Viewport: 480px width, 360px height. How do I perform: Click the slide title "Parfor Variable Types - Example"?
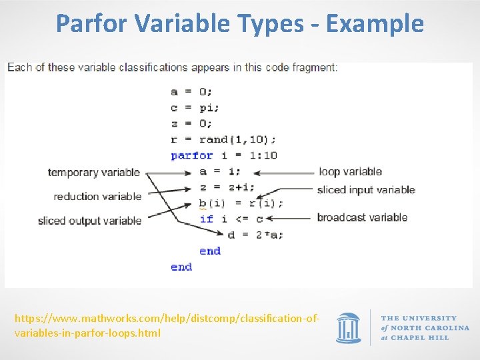pyautogui.click(x=240, y=23)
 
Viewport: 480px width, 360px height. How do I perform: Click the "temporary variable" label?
pyautogui.click(x=93, y=172)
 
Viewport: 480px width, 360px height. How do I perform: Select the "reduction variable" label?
pyautogui.click(x=97, y=196)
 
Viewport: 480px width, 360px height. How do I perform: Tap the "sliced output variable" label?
pyautogui.click(x=89, y=220)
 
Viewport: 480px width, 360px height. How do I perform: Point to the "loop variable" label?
pyautogui.click(x=350, y=171)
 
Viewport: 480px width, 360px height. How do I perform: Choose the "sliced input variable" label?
pyautogui.click(x=366, y=190)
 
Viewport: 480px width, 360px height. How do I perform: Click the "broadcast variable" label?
pyautogui.click(x=362, y=217)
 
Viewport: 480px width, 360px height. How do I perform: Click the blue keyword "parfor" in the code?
pyautogui.click(x=191, y=155)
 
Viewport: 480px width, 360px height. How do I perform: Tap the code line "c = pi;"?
pyautogui.click(x=195, y=107)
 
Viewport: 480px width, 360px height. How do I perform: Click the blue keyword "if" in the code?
pyautogui.click(x=206, y=219)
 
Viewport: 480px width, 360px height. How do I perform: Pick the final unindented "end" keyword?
pyautogui.click(x=181, y=267)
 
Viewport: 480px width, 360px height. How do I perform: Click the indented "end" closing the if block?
pyautogui.click(x=209, y=251)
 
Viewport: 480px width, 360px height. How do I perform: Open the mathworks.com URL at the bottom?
pyautogui.click(x=167, y=325)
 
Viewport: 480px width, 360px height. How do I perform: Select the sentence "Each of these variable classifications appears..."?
pyautogui.click(x=172, y=67)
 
